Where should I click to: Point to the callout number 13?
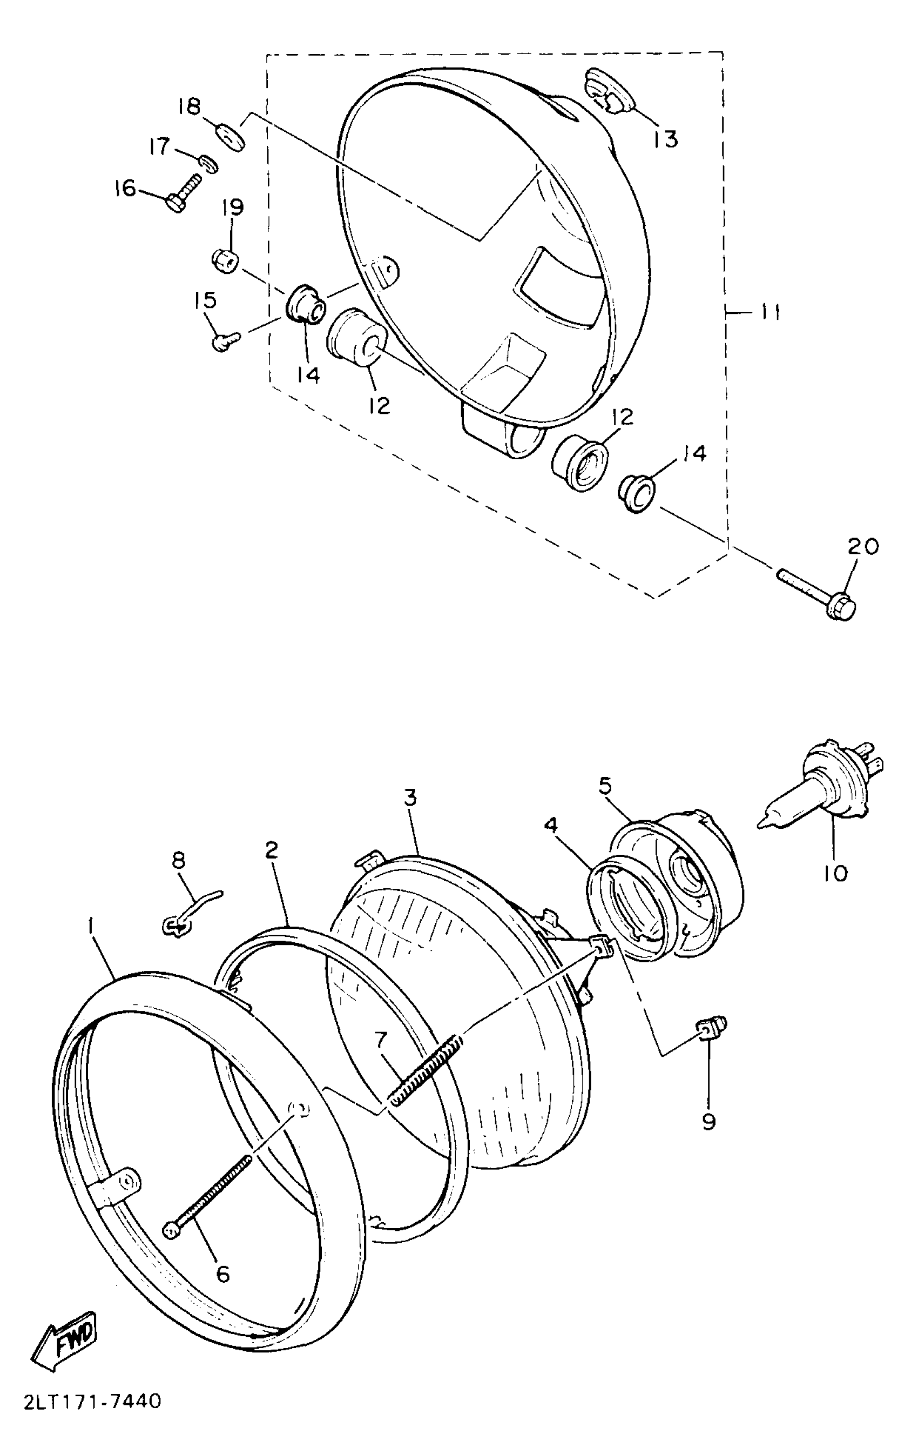(x=665, y=139)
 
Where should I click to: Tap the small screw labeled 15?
(x=224, y=342)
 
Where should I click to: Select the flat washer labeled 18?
(x=230, y=138)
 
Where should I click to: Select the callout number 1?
(x=91, y=925)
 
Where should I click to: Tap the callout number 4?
(x=550, y=825)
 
